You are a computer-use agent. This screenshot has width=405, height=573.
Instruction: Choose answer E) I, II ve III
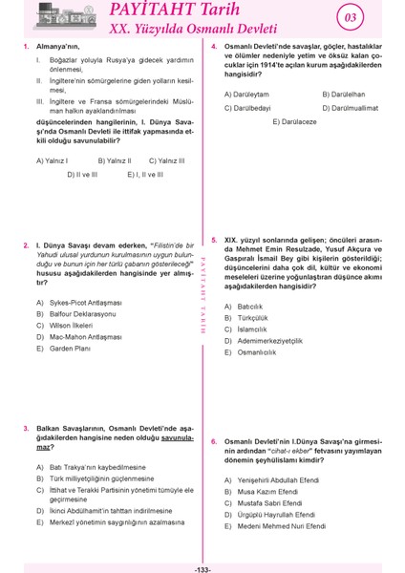click(145, 175)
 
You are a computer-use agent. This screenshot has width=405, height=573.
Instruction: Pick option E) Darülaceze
click(296, 122)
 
